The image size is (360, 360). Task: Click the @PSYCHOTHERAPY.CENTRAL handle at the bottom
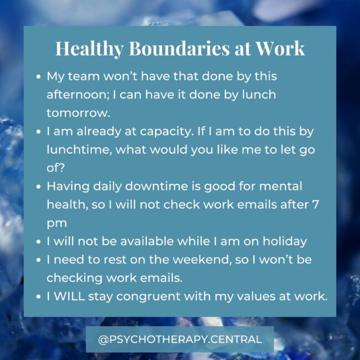[x=179, y=339]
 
